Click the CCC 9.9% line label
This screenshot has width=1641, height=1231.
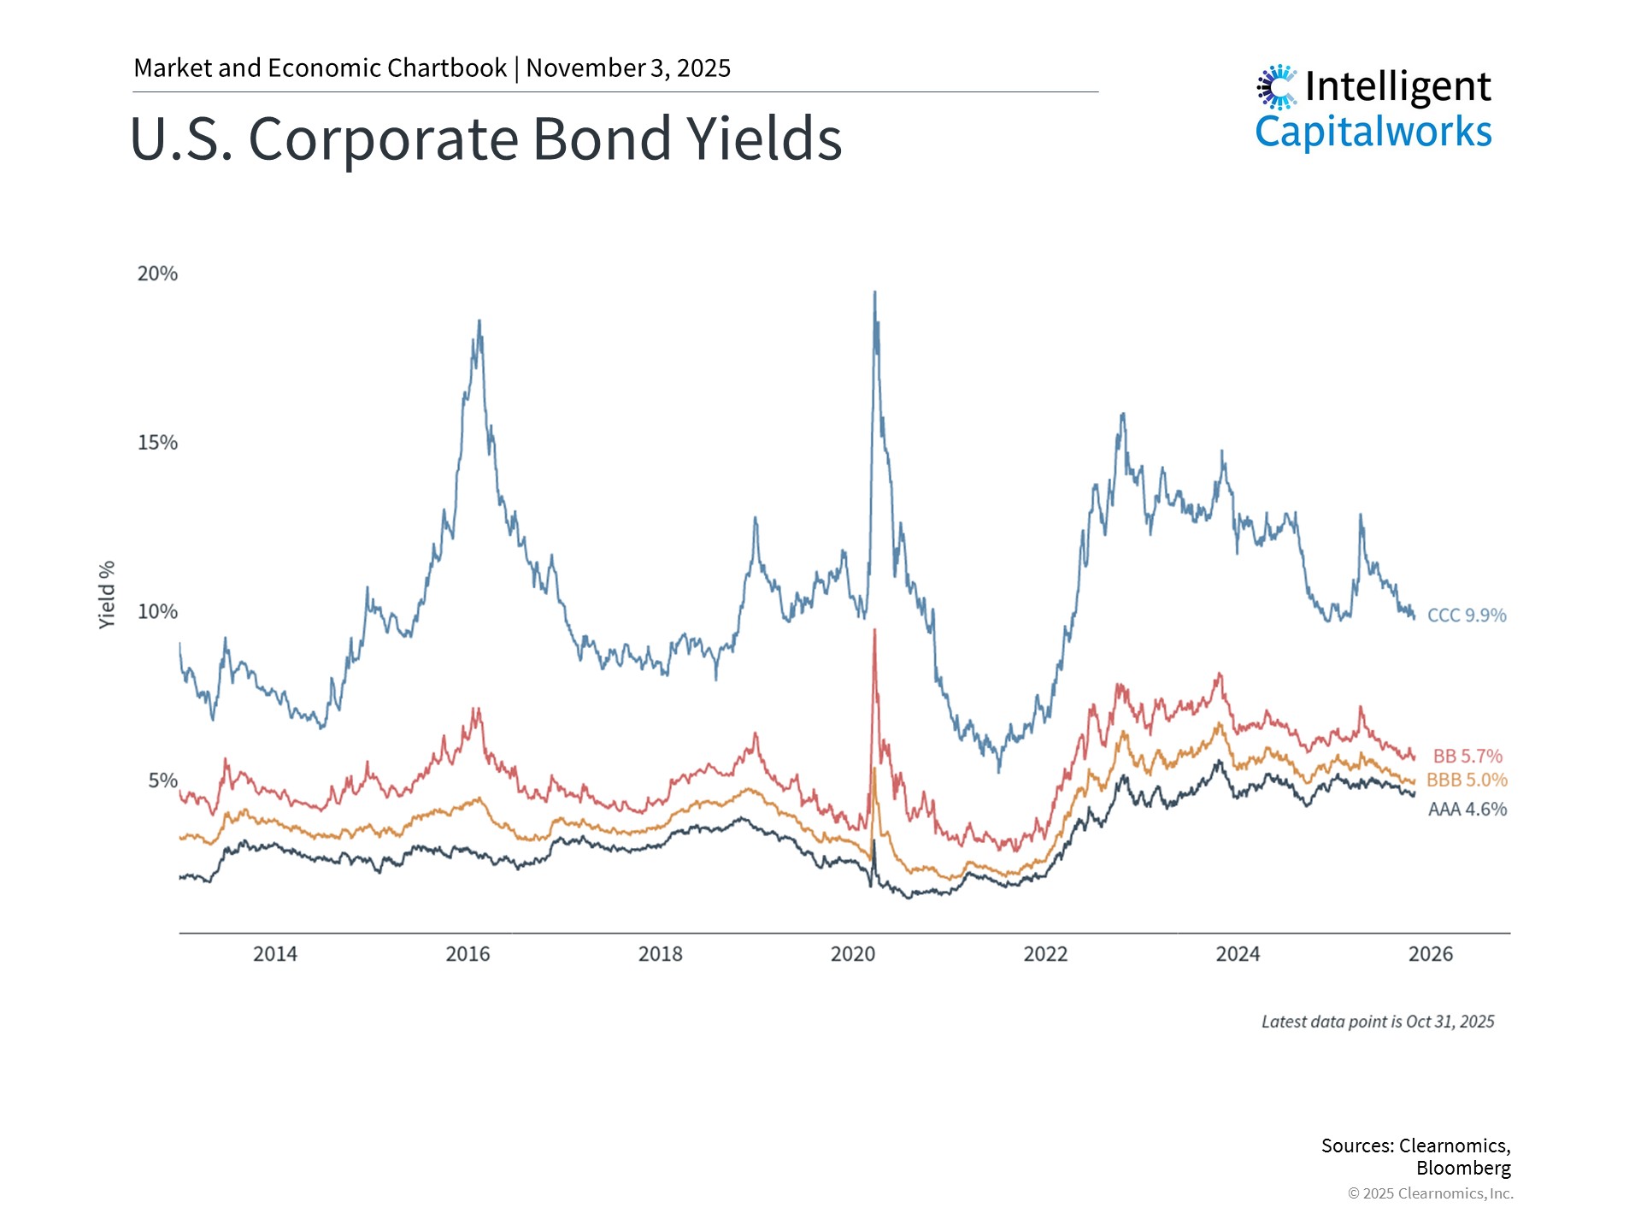(1467, 615)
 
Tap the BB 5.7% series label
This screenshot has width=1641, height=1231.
(1467, 756)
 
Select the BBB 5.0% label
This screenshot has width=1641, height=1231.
(1467, 780)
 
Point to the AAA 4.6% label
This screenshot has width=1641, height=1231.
(1467, 809)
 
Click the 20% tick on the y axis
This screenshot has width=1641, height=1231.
(157, 274)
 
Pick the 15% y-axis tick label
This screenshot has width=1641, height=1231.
(157, 443)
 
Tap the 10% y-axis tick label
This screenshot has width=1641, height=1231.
(157, 611)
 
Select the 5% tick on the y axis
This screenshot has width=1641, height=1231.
(162, 780)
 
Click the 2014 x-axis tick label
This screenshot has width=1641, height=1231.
(275, 954)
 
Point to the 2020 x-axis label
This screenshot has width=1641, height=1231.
(853, 954)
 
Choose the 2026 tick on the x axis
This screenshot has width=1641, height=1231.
(1430, 954)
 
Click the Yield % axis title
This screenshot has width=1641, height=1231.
(107, 595)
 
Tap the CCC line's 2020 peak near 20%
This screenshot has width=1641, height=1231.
(874, 293)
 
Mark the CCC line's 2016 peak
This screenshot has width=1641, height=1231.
(479, 322)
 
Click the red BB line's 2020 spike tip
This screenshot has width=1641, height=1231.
(874, 631)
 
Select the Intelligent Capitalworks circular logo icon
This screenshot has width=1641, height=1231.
(1277, 86)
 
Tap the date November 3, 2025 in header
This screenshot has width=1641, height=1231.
(628, 68)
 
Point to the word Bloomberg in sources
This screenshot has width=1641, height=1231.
(1462, 1168)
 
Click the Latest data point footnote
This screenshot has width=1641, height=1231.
(1377, 1022)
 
